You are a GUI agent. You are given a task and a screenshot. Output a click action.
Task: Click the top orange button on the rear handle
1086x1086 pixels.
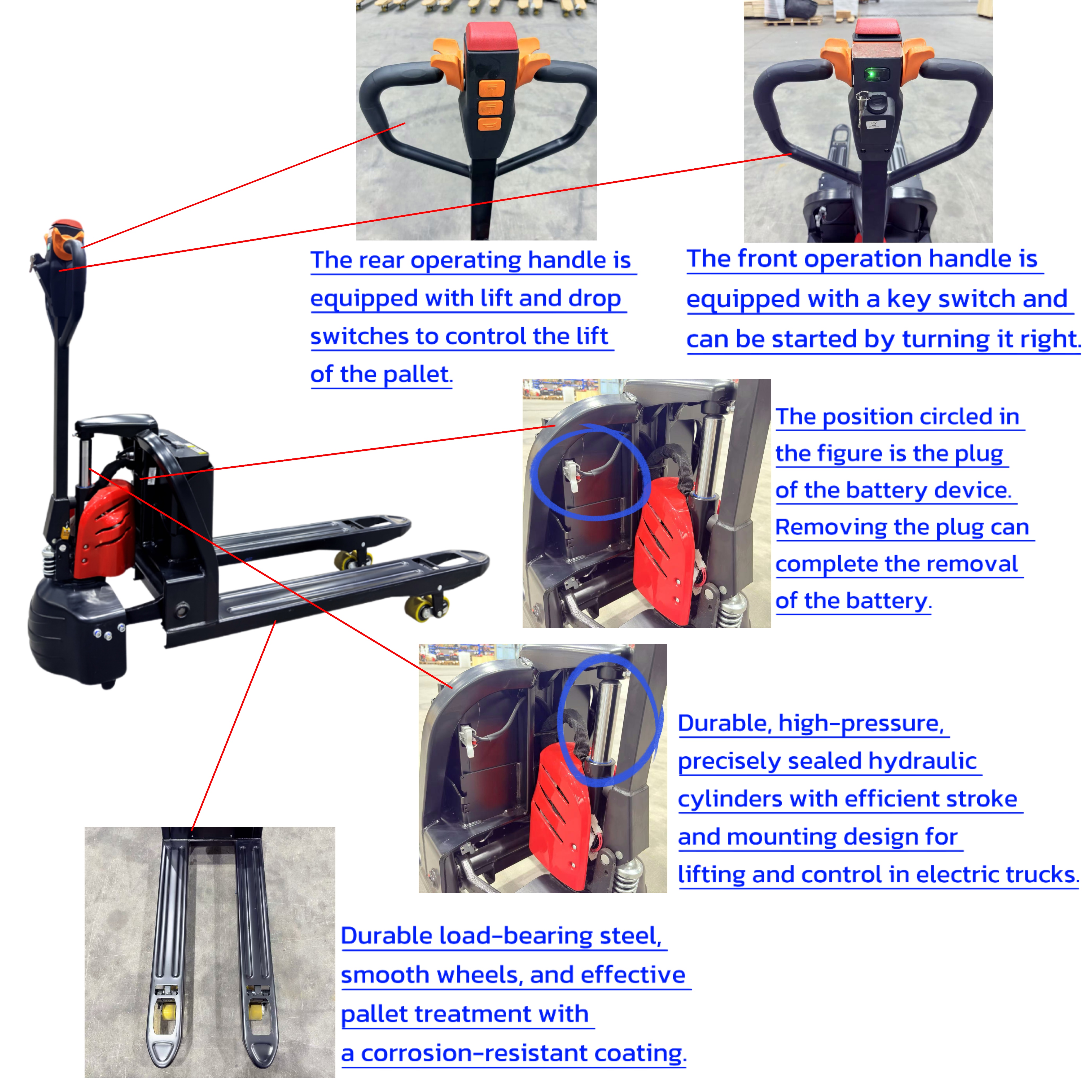(x=491, y=88)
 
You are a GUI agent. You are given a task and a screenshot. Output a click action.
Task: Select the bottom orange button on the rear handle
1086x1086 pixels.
(x=490, y=124)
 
